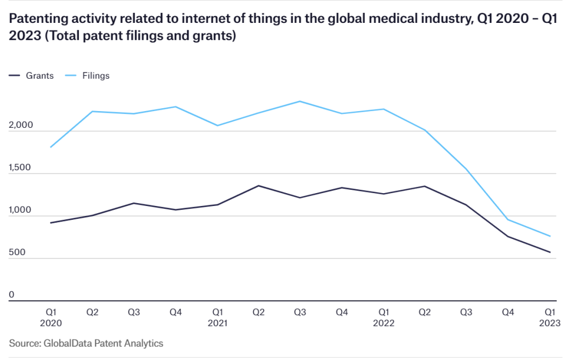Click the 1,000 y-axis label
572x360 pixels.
[x=21, y=211]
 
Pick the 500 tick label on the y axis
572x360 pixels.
[x=17, y=253]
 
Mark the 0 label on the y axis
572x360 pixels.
[x=12, y=295]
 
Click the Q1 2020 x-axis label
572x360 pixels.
[x=51, y=317]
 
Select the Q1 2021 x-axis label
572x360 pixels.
[x=217, y=317]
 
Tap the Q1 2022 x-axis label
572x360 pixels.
[x=383, y=317]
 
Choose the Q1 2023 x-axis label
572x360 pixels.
[x=550, y=317]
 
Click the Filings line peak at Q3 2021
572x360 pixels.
[x=300, y=101]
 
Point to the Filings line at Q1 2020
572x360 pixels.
[x=51, y=147]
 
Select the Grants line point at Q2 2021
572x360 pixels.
[x=258, y=186]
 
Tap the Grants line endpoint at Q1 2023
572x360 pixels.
[x=550, y=252]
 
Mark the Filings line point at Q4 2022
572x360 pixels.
[x=508, y=219]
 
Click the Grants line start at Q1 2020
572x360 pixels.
[x=51, y=223]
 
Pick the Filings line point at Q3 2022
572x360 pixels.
[x=466, y=169]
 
